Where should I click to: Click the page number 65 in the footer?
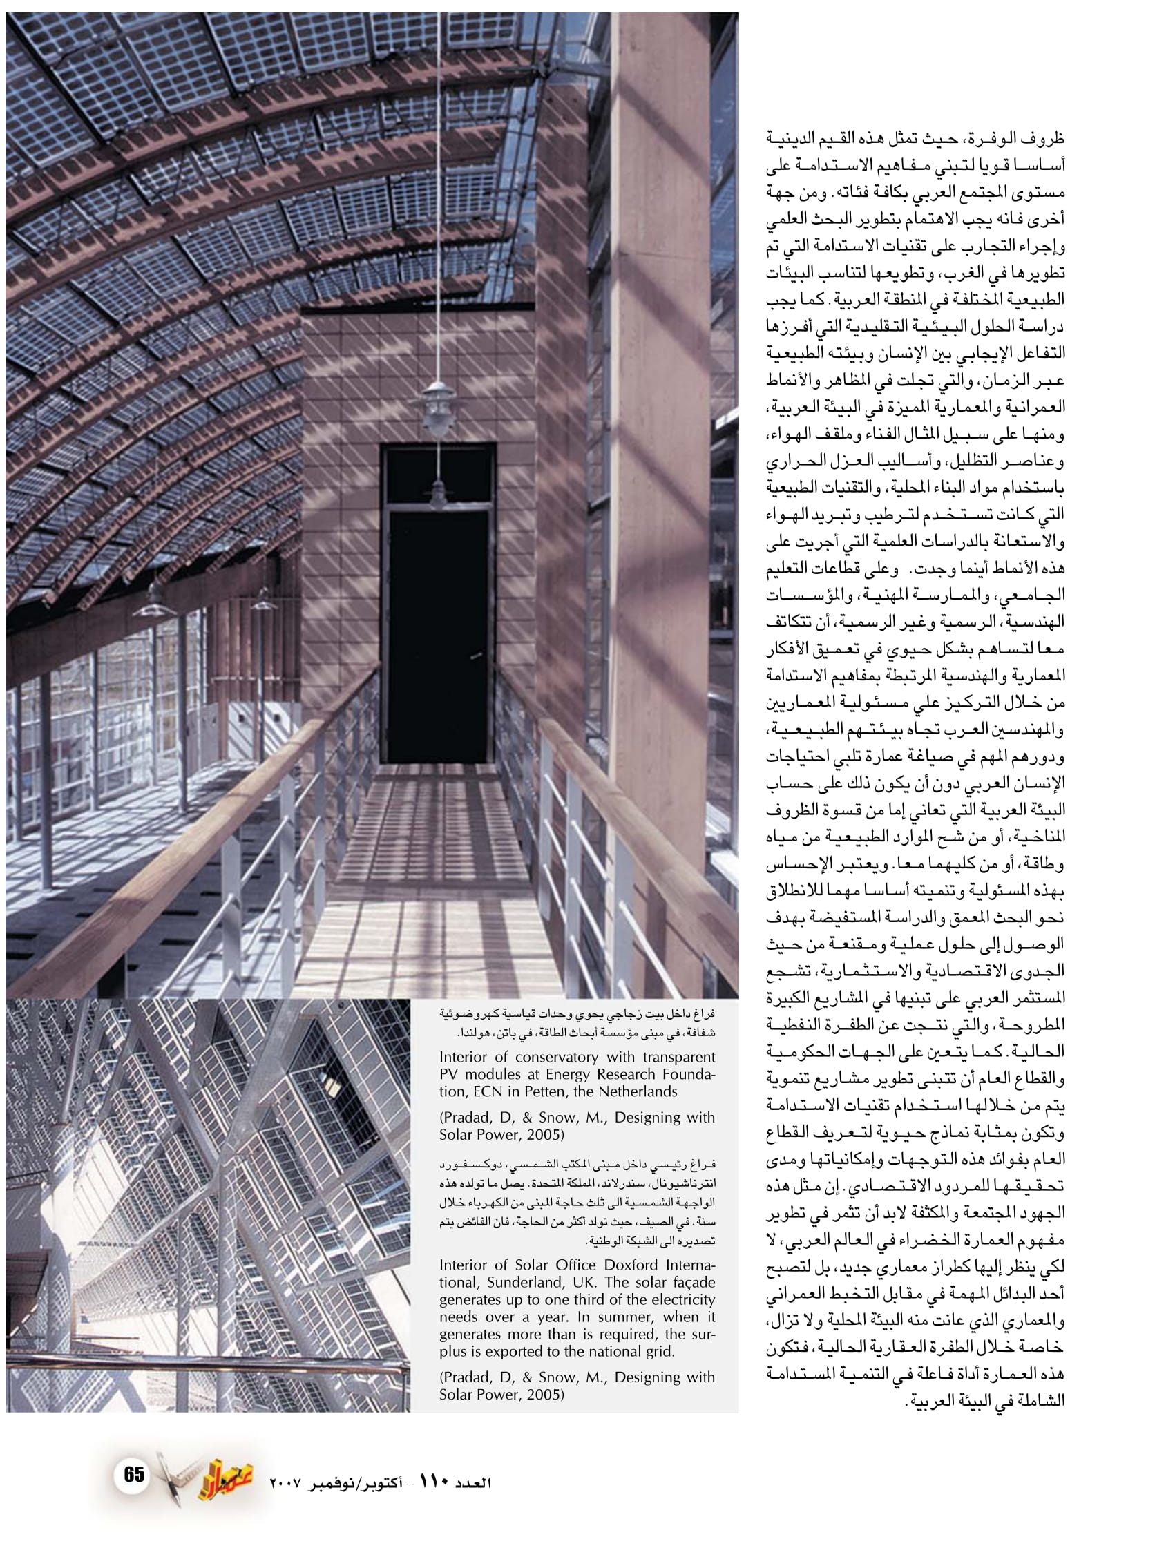[x=134, y=1473]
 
